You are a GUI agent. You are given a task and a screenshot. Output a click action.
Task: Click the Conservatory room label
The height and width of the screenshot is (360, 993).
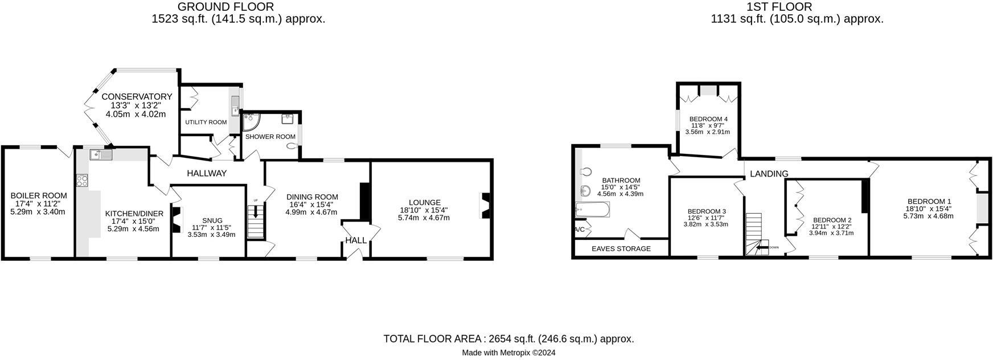[x=137, y=97]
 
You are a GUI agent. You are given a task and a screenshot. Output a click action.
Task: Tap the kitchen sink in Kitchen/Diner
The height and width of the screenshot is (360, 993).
[x=101, y=154]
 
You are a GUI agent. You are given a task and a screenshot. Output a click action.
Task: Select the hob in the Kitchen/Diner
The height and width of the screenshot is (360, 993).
[x=82, y=181]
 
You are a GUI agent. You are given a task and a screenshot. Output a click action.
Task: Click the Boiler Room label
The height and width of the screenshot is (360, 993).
[x=39, y=195]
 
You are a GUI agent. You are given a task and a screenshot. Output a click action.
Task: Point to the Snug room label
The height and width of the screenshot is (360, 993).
[x=212, y=220]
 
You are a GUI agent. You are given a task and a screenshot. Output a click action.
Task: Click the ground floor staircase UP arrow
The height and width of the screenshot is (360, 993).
[x=256, y=212]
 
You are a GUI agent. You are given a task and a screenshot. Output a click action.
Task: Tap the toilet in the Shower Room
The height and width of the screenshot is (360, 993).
[x=293, y=146]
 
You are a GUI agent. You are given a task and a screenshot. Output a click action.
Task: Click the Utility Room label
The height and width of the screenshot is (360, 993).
[x=206, y=122]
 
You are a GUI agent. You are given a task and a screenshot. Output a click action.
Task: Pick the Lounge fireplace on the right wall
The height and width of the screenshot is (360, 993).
[x=485, y=206]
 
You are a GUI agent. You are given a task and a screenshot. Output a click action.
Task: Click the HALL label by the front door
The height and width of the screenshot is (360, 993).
[x=356, y=240]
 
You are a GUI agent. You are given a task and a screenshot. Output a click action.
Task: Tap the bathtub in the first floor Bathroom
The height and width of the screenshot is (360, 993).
[x=593, y=210]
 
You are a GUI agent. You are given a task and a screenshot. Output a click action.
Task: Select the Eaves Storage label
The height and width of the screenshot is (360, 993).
[x=621, y=248]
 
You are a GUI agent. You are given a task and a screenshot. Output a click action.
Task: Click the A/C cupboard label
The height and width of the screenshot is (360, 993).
[x=579, y=230]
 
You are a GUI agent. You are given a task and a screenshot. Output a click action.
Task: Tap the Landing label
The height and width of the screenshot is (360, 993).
[x=769, y=174]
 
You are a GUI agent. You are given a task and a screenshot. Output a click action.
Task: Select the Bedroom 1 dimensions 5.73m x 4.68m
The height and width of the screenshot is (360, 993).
[x=928, y=216]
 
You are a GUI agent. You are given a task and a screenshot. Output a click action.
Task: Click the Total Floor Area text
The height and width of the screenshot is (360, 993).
[x=508, y=339]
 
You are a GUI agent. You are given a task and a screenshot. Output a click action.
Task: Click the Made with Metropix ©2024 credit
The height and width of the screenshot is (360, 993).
[x=508, y=353]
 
